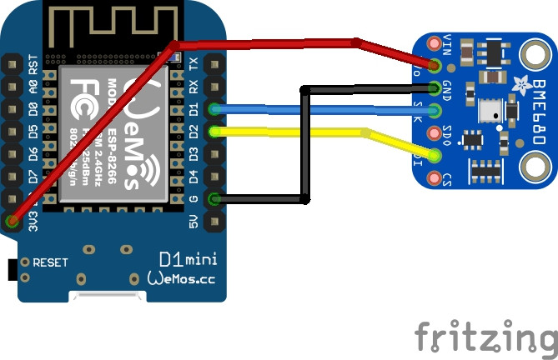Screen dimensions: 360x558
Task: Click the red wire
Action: coord(267,40)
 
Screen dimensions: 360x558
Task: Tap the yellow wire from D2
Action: coord(292,130)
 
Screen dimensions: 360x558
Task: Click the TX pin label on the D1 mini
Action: coord(194,63)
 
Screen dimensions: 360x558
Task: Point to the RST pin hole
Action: coord(13,63)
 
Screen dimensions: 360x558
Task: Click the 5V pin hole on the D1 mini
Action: coord(215,222)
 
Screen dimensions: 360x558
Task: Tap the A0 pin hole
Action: coord(13,86)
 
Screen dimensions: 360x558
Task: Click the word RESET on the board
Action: coord(50,262)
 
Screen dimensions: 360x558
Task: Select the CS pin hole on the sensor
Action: coord(435,177)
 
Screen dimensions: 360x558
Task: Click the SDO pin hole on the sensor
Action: coord(435,132)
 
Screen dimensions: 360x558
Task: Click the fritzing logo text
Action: coord(485,337)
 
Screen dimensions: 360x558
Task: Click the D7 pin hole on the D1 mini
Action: coord(13,177)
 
